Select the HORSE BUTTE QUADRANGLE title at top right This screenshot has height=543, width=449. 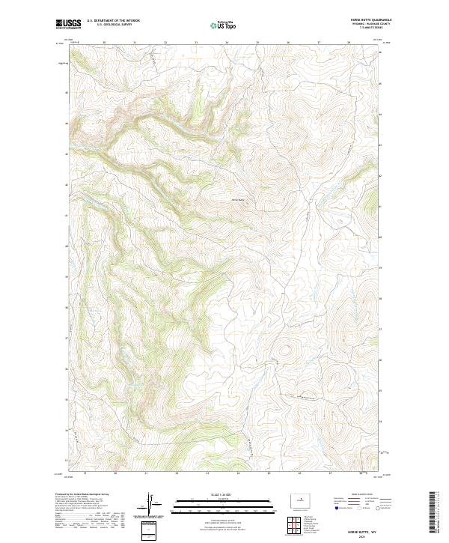click(365, 20)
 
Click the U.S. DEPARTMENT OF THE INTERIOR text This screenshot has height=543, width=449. click(113, 21)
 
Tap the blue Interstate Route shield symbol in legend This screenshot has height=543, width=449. click(336, 508)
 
